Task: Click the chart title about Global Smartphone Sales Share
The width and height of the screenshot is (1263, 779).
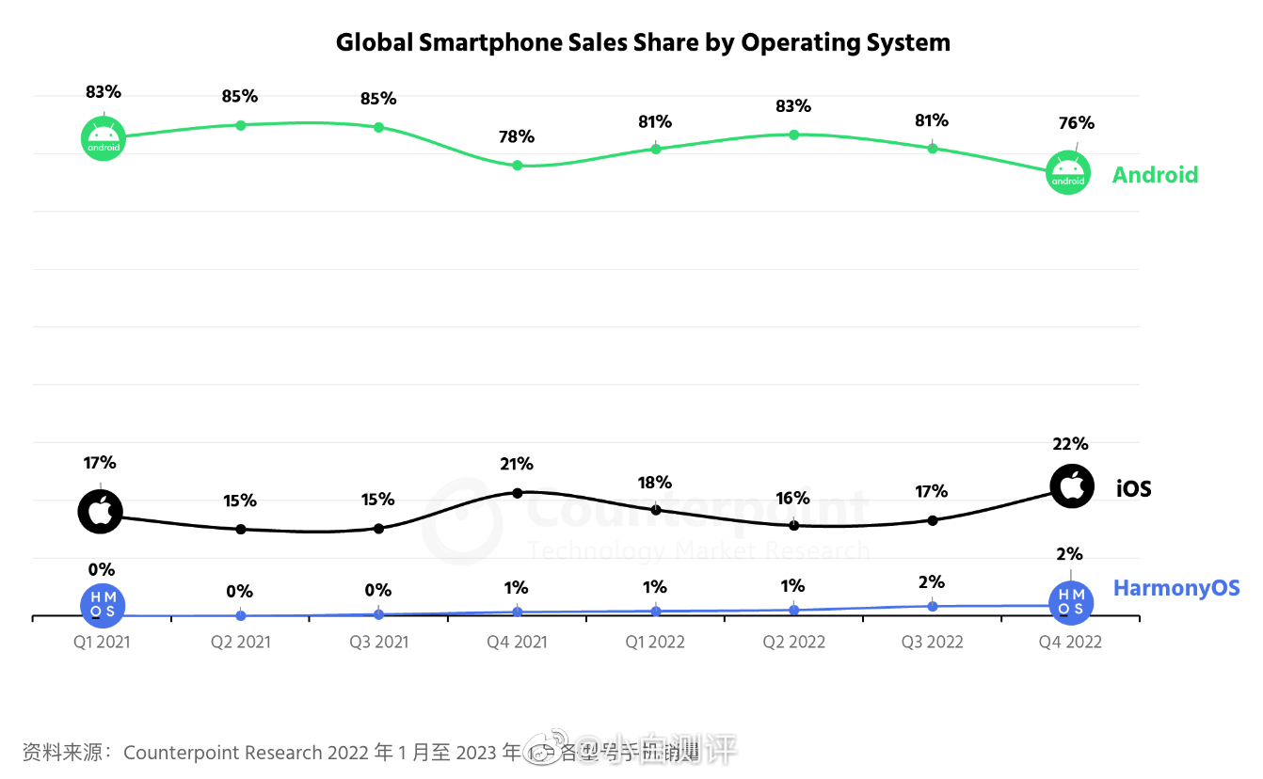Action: click(643, 42)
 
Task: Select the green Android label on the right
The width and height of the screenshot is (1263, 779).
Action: click(1155, 175)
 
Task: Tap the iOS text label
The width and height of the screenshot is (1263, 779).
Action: click(1133, 488)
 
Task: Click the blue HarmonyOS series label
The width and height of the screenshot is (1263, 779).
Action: click(1176, 588)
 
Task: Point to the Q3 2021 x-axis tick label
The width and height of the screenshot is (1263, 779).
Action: click(378, 643)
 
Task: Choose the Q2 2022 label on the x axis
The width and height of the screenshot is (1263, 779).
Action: click(793, 643)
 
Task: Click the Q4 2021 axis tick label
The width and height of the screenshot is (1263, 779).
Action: click(517, 643)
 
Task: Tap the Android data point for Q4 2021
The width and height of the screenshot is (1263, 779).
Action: click(517, 166)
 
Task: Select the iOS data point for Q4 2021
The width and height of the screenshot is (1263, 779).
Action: click(517, 493)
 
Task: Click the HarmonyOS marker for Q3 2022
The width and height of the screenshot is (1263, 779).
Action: click(932, 606)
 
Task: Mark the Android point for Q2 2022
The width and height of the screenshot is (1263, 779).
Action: click(793, 135)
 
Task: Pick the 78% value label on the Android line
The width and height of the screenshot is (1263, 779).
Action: click(517, 137)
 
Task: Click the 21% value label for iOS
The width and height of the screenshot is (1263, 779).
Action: click(517, 464)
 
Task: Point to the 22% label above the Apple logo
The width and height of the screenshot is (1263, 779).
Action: click(1070, 444)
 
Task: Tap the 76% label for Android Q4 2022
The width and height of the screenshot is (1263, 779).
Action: click(1076, 123)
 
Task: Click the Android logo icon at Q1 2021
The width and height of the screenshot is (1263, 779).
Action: click(103, 138)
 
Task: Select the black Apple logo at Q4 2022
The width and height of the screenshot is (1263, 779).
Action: click(1072, 486)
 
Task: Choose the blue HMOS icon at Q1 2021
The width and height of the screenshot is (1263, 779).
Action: click(103, 605)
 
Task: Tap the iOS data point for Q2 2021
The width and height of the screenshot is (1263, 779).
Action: click(240, 529)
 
